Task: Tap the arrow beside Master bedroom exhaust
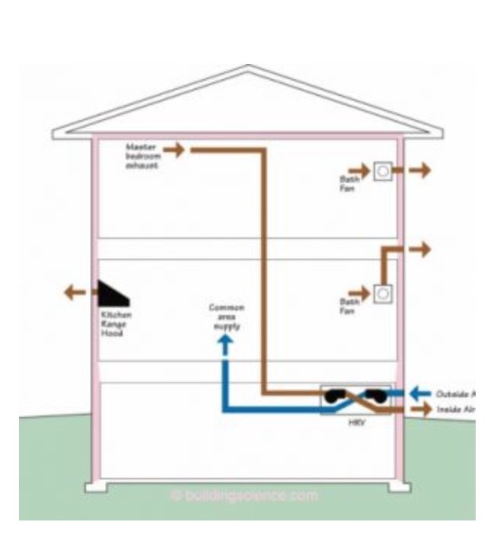[x=174, y=149]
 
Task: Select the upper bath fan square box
[x=384, y=171]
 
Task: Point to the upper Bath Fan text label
[x=347, y=183]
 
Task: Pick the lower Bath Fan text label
[x=347, y=305]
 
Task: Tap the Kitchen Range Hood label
[x=116, y=323]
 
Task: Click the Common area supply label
[x=226, y=317]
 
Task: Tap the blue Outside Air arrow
[x=419, y=393]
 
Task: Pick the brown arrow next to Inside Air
[x=418, y=409]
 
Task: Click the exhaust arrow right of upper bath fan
[x=418, y=170]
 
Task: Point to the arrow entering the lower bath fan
[x=359, y=293]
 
